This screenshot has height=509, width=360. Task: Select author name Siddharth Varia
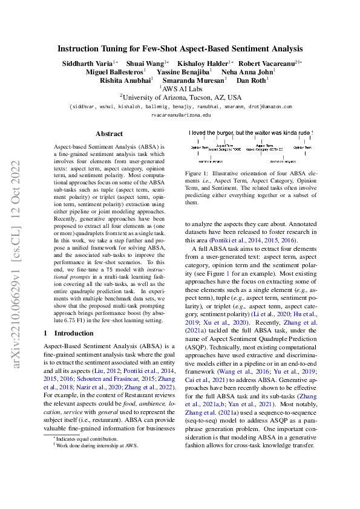(87, 63)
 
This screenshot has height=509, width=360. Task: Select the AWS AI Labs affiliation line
(180, 88)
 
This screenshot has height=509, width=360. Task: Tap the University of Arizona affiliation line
(180, 97)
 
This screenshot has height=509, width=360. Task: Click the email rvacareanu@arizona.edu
(180, 114)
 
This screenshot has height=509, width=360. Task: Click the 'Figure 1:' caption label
(196, 173)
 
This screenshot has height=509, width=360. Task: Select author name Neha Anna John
(249, 71)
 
